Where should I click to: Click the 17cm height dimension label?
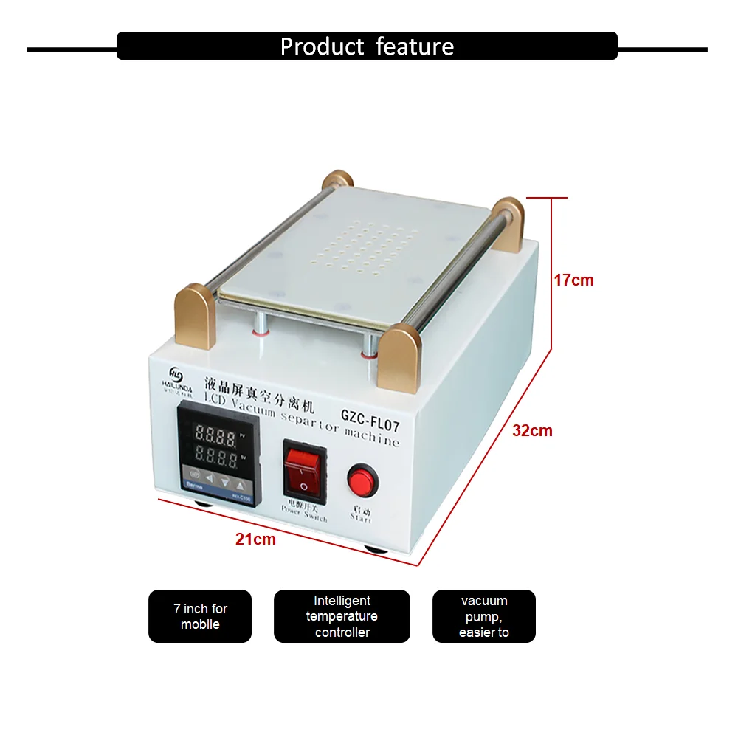coord(573,280)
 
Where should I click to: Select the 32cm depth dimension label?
coord(532,431)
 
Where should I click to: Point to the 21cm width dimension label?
coord(255,539)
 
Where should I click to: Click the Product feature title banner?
coord(367,46)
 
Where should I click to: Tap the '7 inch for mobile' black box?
coord(200,616)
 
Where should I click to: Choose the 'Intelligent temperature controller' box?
coord(342,616)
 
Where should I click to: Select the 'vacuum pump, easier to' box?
coord(483,616)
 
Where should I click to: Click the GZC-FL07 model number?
coord(370,416)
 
